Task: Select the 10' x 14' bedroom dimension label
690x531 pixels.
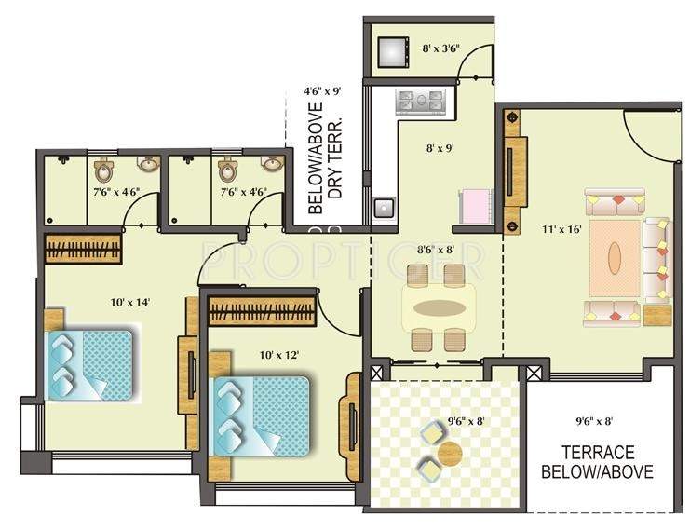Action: pyautogui.click(x=129, y=302)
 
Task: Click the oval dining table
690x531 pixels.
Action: pyautogui.click(x=440, y=308)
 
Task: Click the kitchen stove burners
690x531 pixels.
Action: pyautogui.click(x=424, y=101)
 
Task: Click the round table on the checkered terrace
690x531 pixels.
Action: pyautogui.click(x=451, y=454)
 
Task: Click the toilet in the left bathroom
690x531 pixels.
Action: pyautogui.click(x=103, y=171)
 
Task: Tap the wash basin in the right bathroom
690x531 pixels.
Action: pyautogui.click(x=271, y=164)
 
